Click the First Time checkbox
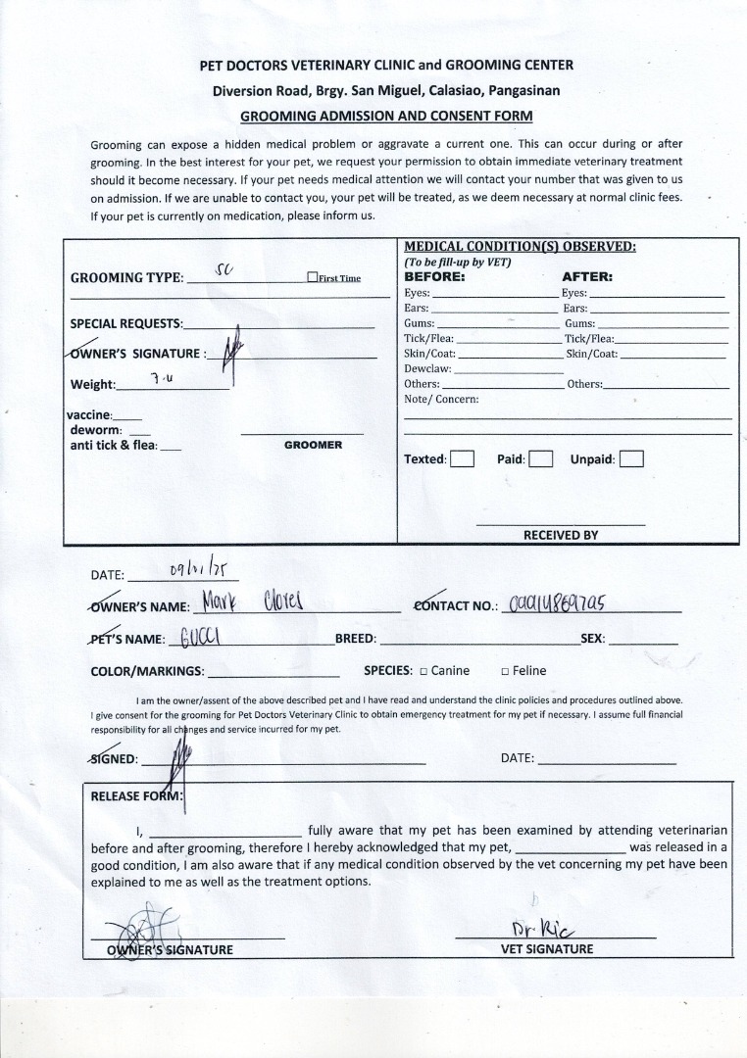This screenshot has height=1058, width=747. pos(312,277)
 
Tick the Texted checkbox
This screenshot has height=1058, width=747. pos(462,458)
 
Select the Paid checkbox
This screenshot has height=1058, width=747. pos(541,458)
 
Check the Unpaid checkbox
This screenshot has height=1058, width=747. pos(631,458)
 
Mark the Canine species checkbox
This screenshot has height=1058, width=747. pos(423,671)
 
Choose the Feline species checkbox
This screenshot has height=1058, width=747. pos(505,671)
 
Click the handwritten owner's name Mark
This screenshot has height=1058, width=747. pos(224,601)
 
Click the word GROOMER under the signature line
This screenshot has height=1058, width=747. pos(313,445)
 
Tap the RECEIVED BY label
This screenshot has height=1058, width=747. pos(560,535)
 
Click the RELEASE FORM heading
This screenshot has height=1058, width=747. pos(136,796)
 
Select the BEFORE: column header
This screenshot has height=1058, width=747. pos(434,276)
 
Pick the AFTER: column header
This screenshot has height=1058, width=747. pos(586,276)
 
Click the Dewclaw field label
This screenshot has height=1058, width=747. pos(427,368)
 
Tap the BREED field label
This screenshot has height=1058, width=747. pos(355,639)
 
